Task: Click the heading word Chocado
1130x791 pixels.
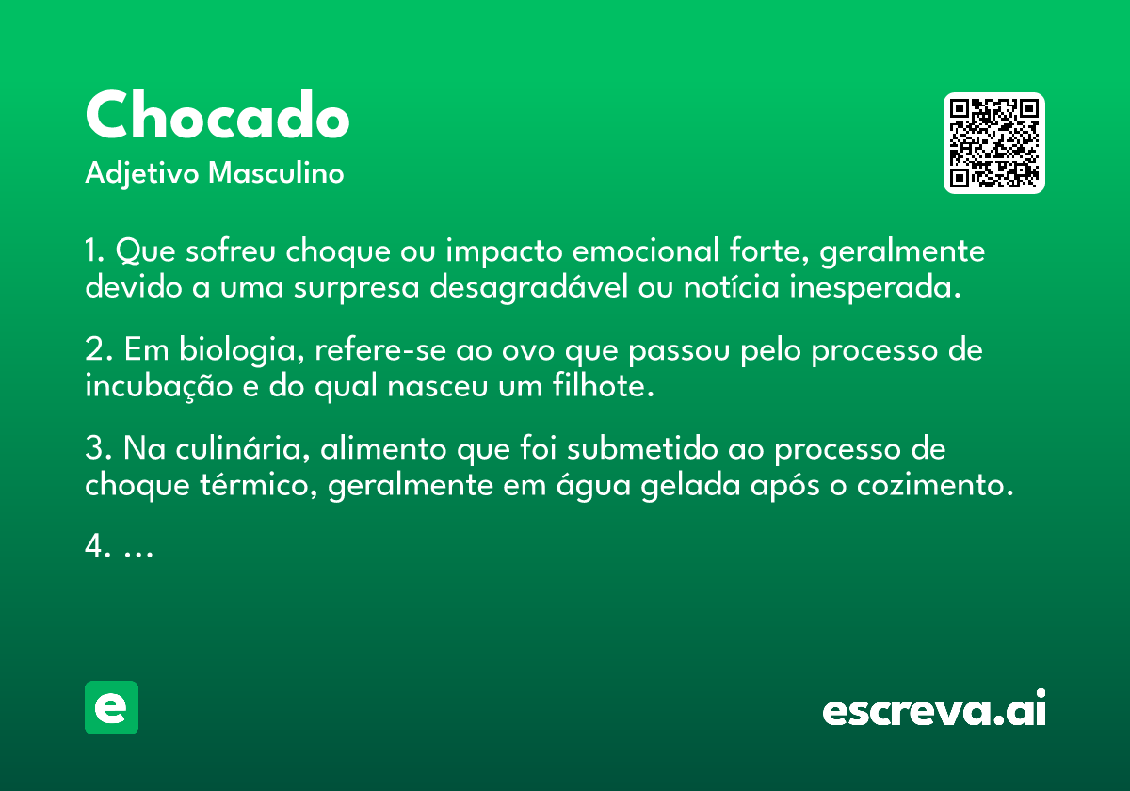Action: (x=218, y=115)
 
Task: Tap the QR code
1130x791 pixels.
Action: (x=993, y=143)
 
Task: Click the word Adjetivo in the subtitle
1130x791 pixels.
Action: (x=142, y=174)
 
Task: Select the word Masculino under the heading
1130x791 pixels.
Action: (x=276, y=173)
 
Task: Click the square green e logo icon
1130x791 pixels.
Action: (x=111, y=707)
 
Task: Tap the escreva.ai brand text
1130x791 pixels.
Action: (x=934, y=707)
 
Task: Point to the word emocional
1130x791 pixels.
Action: (x=646, y=250)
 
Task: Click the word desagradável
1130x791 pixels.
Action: (x=528, y=287)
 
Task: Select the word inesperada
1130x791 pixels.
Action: (x=875, y=287)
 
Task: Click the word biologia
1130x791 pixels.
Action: (x=242, y=350)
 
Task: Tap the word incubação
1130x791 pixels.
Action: (x=159, y=386)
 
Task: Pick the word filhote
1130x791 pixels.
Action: (x=604, y=385)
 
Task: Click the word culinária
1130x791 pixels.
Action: (x=243, y=448)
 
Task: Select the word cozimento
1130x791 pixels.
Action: (x=935, y=486)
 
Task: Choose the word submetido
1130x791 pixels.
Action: (x=642, y=448)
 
